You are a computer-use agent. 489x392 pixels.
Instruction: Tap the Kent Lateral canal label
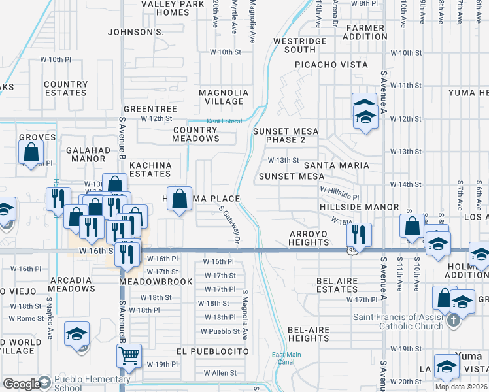[x=224, y=122]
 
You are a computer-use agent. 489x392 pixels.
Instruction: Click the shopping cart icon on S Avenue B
[x=129, y=355]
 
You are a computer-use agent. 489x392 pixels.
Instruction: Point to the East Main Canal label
[x=286, y=359]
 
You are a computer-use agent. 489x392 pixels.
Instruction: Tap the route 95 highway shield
[x=352, y=250]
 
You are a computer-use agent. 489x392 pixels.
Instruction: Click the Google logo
[x=21, y=384]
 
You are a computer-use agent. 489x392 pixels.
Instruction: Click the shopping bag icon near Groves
[x=31, y=153]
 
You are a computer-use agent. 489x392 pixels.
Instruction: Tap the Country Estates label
[x=65, y=88]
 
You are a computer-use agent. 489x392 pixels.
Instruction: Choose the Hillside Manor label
[x=359, y=206]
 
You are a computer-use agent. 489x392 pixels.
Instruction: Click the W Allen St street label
[x=220, y=373]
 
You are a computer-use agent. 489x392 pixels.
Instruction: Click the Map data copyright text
[x=461, y=387]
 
